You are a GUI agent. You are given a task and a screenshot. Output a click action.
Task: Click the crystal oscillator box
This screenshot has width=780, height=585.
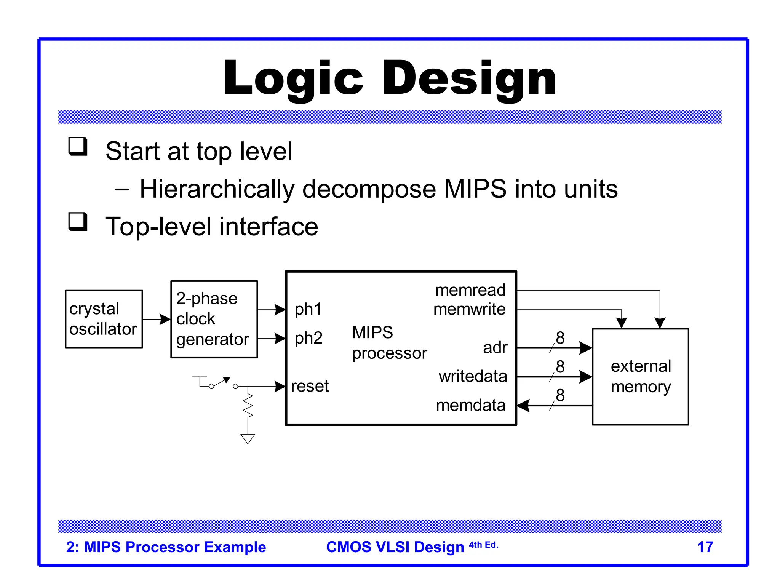pos(104,319)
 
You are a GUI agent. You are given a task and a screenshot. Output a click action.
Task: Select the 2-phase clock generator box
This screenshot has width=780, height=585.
pos(214,319)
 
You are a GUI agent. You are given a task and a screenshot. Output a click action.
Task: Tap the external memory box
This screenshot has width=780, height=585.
pos(640,377)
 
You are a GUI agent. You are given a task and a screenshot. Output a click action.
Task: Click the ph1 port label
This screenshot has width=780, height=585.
pos(308,309)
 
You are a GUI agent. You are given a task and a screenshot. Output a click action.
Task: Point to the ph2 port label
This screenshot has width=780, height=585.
pos(308,338)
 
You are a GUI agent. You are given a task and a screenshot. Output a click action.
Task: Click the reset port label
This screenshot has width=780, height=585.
pos(310,386)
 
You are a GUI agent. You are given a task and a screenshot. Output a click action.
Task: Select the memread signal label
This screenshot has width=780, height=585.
pos(470,290)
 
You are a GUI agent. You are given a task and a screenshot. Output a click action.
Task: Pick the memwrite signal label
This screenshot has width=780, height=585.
pos(469,309)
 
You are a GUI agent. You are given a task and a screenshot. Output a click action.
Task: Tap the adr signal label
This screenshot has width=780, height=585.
pos(495,348)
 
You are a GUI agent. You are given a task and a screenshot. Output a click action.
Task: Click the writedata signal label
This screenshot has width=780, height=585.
pos(473,376)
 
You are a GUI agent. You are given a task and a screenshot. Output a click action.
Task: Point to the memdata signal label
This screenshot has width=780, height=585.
pos(470,405)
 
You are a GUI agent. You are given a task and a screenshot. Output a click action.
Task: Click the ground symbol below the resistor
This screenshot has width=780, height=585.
pos(248,439)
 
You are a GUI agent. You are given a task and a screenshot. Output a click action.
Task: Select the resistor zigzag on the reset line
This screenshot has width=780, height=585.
pos(248,406)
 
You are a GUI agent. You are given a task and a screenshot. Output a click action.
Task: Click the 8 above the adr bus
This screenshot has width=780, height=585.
pos(560,338)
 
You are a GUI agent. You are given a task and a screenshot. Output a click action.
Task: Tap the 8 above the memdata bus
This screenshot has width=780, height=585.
pos(560,395)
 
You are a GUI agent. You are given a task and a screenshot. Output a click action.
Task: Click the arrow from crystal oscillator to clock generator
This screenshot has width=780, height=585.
pos(157,319)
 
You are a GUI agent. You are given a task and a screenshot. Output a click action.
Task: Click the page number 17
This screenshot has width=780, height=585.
pos(705,547)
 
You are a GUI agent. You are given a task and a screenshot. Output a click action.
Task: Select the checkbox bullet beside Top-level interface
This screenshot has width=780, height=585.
pos(78,222)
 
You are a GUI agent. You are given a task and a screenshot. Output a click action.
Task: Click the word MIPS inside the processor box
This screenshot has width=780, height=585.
pos(372,332)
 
